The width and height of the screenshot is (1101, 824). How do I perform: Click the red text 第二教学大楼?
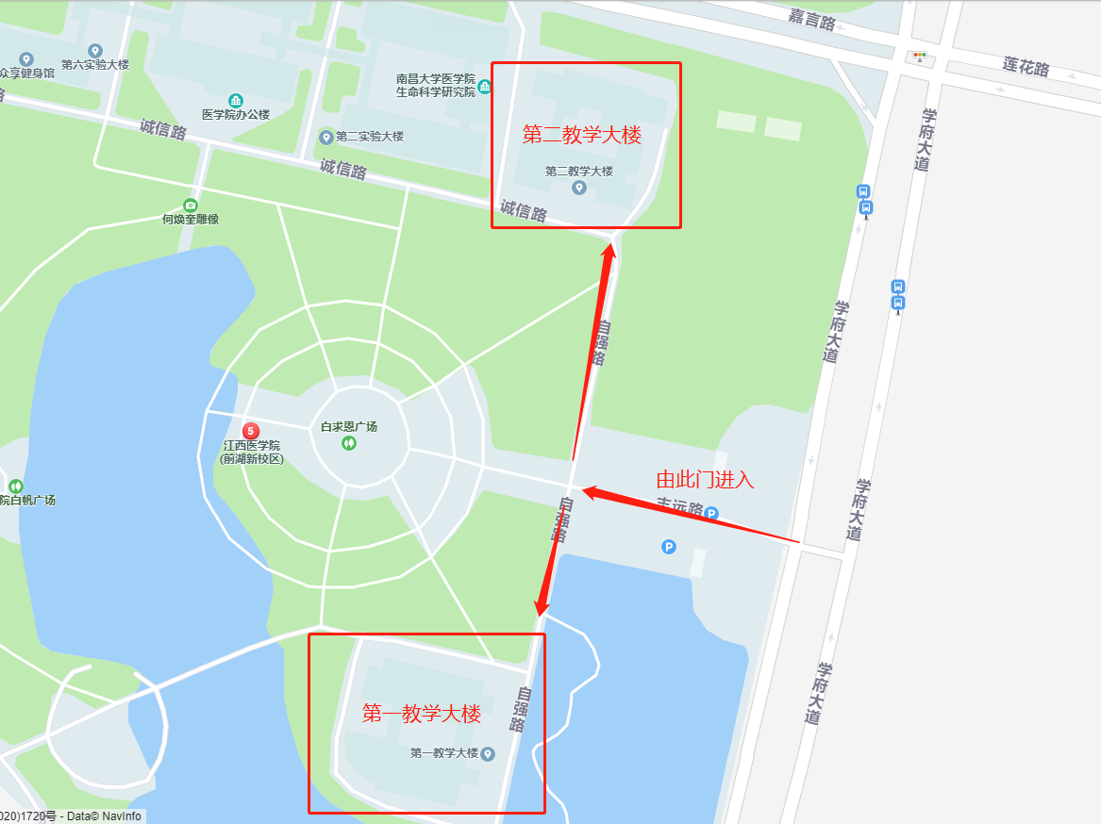582,136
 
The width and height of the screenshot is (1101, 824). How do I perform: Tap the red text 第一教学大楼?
422,714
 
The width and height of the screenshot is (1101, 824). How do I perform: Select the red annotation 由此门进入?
705,479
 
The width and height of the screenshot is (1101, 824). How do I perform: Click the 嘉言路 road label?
812,18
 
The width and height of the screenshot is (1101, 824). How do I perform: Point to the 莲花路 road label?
1026,67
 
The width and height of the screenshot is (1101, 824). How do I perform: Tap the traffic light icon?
918,56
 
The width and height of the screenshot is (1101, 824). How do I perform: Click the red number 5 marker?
251,430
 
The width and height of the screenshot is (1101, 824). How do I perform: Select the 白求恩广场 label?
349,426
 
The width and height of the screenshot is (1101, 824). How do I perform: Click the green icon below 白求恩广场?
349,442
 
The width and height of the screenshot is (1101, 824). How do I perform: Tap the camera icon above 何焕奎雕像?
191,205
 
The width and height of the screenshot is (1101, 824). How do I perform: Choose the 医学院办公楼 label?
236,114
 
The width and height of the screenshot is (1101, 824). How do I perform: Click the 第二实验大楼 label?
369,136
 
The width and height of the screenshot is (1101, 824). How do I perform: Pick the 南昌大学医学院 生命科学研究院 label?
436,86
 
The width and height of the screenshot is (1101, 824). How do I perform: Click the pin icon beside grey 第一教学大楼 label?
488,754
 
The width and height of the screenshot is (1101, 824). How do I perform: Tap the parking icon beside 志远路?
712,514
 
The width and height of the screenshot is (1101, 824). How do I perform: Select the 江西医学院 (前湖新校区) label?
251,452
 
